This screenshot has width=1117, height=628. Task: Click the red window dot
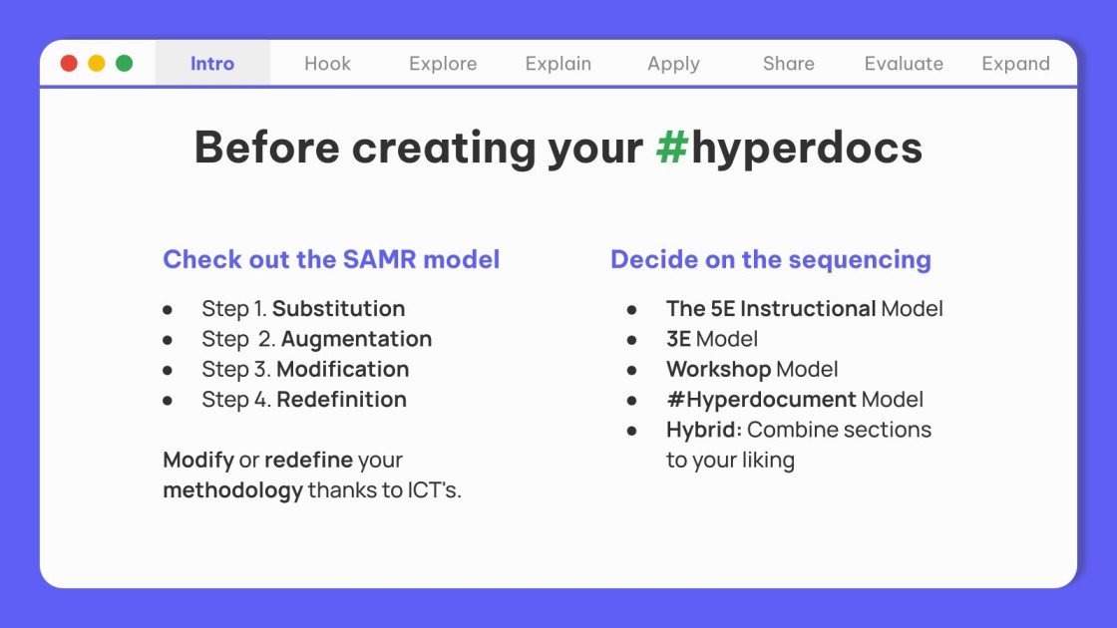coord(69,64)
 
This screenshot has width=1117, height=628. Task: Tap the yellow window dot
coord(97,64)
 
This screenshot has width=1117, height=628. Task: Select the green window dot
coord(125,64)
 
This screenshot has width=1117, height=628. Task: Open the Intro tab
coord(212,64)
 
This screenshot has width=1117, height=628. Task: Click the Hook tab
coord(327,64)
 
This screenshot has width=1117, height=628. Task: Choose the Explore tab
coord(443,64)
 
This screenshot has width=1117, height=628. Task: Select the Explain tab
coord(558,64)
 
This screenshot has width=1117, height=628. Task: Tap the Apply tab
coord(673,64)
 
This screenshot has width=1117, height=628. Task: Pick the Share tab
coord(789,64)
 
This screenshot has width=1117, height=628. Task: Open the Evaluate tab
coord(904,64)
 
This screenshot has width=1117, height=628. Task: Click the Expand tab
coord(1015,64)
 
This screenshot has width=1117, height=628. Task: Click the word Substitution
coord(338,309)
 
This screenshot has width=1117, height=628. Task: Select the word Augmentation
coord(356,339)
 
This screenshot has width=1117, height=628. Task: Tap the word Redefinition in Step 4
coord(341,400)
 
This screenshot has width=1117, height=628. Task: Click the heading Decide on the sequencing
coord(770,260)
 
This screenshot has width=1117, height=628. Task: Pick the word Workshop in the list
coord(718,370)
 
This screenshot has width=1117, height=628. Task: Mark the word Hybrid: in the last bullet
coord(703,430)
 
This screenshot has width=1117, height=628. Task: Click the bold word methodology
coord(232,490)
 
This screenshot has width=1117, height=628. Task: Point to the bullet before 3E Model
coord(632,340)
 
